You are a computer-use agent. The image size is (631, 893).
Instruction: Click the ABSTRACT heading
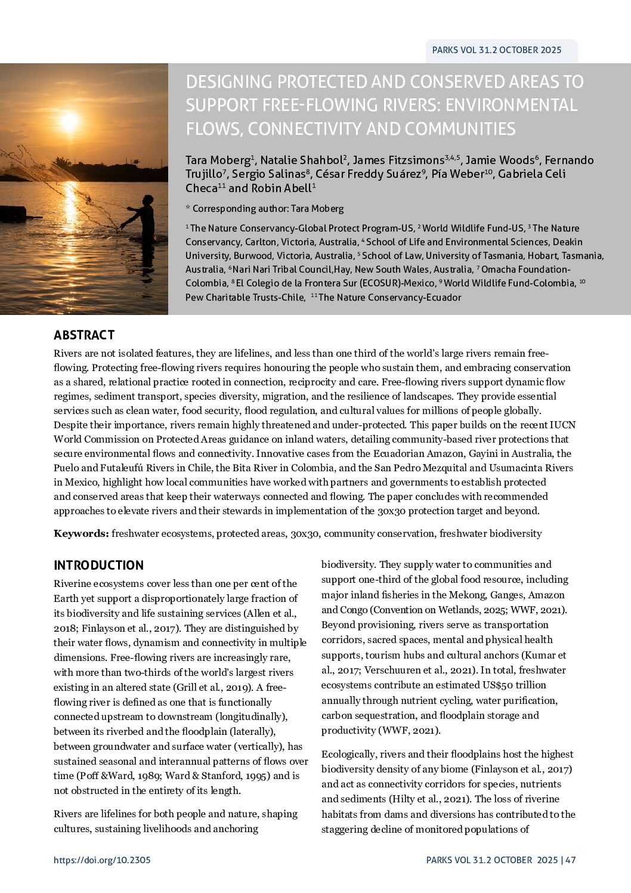(x=83, y=335)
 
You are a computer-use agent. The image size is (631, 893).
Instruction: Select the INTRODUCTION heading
(x=98, y=566)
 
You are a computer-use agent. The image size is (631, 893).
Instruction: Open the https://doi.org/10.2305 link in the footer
(x=102, y=860)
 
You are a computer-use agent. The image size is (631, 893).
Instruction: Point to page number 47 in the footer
(x=571, y=860)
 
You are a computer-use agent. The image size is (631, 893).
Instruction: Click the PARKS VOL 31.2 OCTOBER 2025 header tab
(x=496, y=50)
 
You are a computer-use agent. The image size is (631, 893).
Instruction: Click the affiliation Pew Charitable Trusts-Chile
(x=245, y=297)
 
